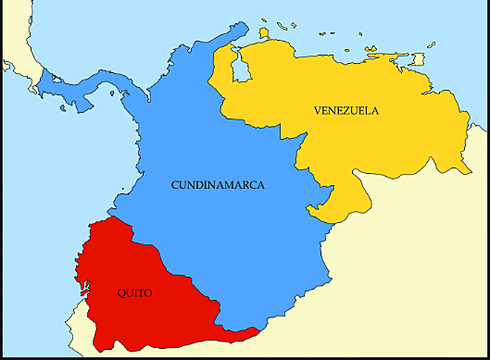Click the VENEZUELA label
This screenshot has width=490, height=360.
pos(346,111)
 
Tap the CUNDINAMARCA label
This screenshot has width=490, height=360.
pos(219,185)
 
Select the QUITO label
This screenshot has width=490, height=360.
pos(135,293)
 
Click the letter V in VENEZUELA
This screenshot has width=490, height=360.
pos(318,111)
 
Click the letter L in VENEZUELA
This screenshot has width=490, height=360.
pos(368,111)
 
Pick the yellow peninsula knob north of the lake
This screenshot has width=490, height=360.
pos(263,35)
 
